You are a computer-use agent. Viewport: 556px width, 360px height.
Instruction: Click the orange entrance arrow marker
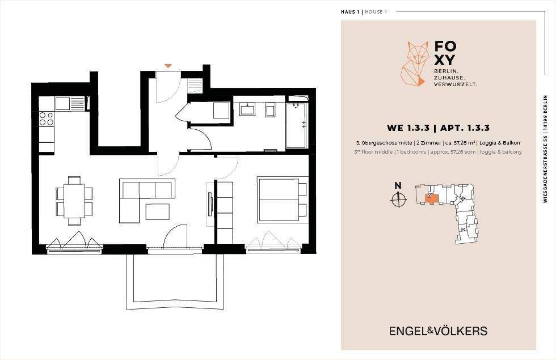point(168,66)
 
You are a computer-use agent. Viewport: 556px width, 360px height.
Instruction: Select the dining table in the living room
point(74,201)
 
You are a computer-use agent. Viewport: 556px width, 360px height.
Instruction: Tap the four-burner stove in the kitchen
point(46,118)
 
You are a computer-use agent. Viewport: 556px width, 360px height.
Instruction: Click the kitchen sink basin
point(62,103)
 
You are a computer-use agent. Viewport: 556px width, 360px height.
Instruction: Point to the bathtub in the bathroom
point(296,125)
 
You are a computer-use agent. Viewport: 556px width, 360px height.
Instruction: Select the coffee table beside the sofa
point(158,211)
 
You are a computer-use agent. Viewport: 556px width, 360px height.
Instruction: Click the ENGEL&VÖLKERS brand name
point(438,331)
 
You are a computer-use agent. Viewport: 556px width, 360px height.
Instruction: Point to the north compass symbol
point(398,200)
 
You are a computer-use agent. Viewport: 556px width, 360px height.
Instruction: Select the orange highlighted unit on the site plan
point(431,199)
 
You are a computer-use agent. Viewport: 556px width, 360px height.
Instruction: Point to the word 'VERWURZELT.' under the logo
point(456,84)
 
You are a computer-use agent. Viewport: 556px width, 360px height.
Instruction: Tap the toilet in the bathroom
point(271,110)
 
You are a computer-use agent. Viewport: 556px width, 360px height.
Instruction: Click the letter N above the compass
point(398,185)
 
